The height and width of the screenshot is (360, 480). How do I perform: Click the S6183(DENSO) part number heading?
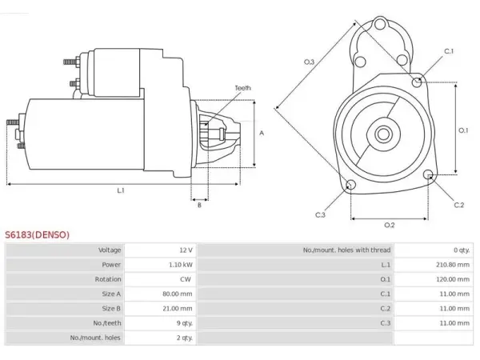click(37, 234)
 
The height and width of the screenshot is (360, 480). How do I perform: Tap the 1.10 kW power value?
click(181, 265)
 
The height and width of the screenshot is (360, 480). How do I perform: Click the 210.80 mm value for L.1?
click(453, 265)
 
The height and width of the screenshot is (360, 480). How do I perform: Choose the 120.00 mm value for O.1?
click(453, 279)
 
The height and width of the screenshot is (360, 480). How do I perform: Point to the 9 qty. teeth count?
click(185, 323)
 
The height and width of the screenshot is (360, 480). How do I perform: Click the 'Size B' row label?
click(111, 309)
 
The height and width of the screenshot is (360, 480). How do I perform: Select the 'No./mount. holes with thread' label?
click(346, 250)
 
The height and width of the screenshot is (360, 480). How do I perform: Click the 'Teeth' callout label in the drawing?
click(242, 88)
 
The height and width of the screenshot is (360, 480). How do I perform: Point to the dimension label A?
click(262, 133)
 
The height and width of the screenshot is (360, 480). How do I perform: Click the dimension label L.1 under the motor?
click(121, 190)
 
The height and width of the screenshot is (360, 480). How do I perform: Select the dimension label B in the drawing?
click(199, 205)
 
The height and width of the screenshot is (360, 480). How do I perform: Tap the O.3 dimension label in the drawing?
click(309, 62)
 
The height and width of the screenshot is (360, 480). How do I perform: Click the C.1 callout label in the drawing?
click(449, 51)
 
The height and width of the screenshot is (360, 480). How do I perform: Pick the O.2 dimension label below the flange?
click(389, 226)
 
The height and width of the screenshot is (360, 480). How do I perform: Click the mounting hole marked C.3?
click(350, 185)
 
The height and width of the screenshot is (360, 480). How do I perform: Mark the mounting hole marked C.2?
click(428, 174)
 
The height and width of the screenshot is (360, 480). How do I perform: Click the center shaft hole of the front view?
click(383, 134)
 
